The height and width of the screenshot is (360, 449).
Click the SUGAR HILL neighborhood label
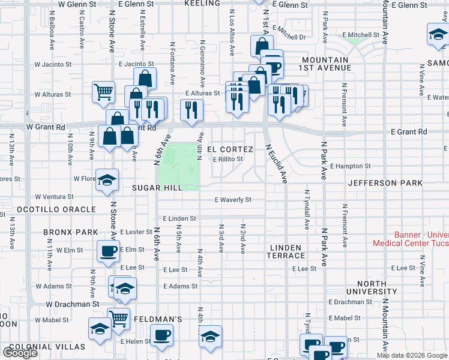click(157, 188)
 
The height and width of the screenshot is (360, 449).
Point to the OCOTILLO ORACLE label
click(48, 209)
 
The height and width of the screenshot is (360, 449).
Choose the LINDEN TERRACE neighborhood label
click(288, 251)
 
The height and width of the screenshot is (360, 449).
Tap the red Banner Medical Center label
click(410, 239)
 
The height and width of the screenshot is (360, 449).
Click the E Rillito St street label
click(228, 159)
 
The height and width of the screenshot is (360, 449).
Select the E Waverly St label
click(233, 200)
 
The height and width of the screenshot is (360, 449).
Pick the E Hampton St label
click(351, 166)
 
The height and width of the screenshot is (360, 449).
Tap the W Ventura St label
click(53, 196)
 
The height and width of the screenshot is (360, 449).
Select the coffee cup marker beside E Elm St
click(109, 251)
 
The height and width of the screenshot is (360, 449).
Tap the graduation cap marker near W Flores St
click(107, 179)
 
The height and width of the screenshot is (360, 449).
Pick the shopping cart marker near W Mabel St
click(118, 319)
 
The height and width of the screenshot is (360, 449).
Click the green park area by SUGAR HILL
click(178, 166)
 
